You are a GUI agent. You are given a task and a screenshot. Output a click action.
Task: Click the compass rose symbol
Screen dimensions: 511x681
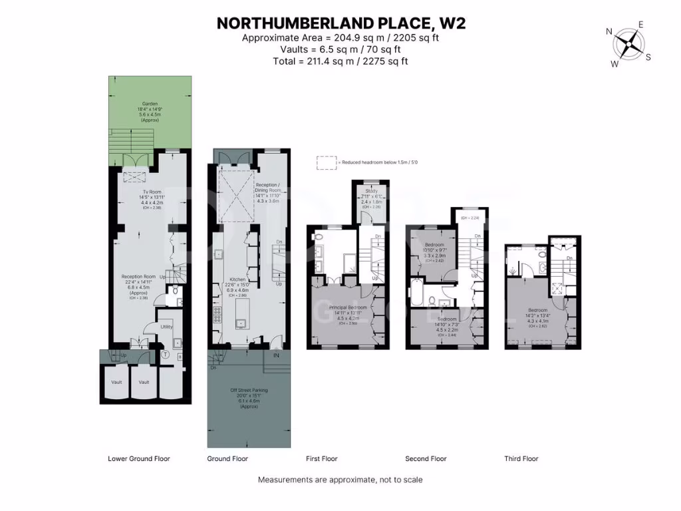coord(627,44)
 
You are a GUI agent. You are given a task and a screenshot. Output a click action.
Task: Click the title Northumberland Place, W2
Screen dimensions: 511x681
coord(340,23)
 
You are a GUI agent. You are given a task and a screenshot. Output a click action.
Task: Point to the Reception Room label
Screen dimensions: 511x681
coord(138,277)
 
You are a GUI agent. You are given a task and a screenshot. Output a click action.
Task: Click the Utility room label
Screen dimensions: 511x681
coord(167,327)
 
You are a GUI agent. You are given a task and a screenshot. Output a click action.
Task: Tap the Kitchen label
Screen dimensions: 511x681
coord(238,279)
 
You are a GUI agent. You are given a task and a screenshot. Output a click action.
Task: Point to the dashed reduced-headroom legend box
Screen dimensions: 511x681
coord(327,162)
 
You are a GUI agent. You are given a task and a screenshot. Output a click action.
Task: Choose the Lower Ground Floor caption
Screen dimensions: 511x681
coord(139,458)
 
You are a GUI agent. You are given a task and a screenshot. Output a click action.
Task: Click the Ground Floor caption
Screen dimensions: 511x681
coord(227,458)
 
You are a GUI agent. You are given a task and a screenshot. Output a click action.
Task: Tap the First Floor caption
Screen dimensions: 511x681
coord(321,458)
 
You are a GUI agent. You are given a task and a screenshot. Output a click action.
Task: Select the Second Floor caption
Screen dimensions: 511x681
coord(426,458)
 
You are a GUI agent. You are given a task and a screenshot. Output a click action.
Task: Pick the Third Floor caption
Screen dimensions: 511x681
coord(521,458)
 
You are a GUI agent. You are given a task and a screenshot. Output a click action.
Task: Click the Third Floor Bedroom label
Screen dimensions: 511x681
coord(537,310)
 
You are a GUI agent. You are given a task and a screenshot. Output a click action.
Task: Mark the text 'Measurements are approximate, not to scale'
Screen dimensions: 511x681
coord(340,480)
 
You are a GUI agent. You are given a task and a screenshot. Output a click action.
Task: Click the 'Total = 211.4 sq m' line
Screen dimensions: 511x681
coord(340,61)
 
